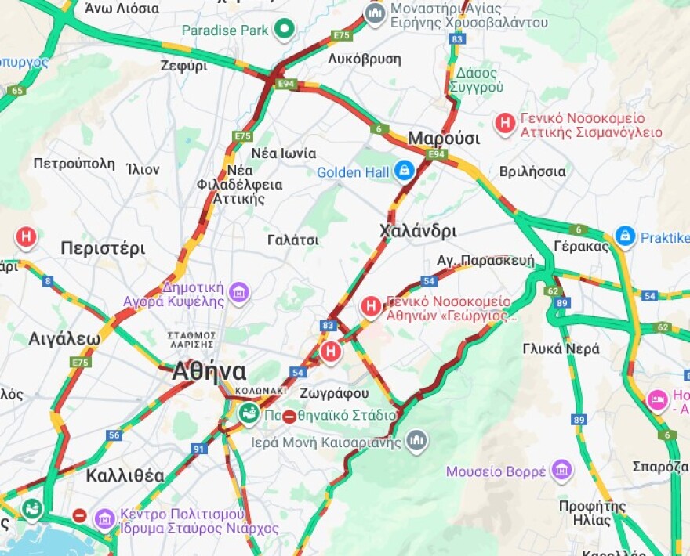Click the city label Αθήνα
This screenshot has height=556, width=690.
tap(209, 371)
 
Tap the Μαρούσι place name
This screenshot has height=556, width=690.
tap(444, 138)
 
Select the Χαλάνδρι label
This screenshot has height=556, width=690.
tap(417, 231)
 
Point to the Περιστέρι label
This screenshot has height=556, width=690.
tap(103, 248)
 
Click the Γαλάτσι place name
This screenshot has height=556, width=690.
tap(293, 239)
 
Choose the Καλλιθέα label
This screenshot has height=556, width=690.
tap(125, 475)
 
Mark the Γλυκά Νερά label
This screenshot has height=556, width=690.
tap(561, 348)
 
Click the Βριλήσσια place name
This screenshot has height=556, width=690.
tap(532, 171)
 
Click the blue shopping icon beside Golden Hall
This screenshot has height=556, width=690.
tap(404, 171)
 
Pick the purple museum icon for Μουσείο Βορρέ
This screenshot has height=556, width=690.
tap(561, 471)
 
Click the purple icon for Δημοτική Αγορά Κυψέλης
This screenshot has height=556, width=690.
tap(239, 294)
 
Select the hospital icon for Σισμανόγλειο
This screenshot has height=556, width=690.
tap(505, 123)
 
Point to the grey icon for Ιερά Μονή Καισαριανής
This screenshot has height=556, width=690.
tap(417, 441)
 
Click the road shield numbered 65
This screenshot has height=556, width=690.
tap(17, 91)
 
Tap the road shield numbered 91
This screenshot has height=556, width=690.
tap(198, 449)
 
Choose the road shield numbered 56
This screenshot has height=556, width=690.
tap(115, 435)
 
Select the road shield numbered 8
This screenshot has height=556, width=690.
tap(49, 281)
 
